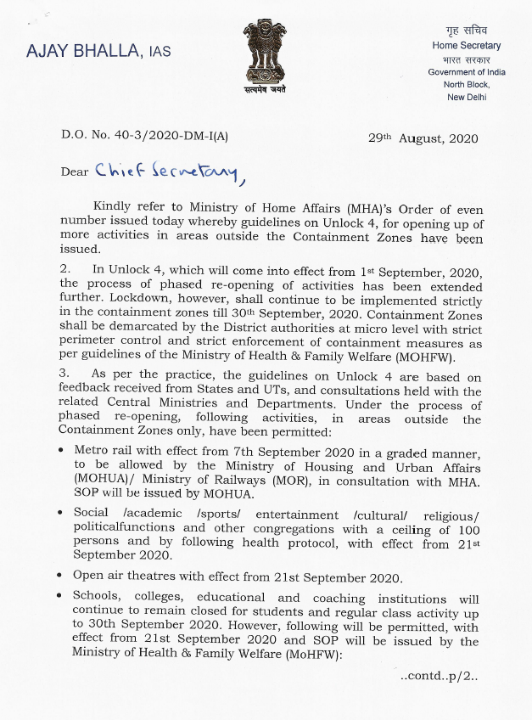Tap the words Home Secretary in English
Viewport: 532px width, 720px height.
[x=467, y=46]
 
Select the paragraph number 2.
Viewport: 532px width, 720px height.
[x=64, y=269]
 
